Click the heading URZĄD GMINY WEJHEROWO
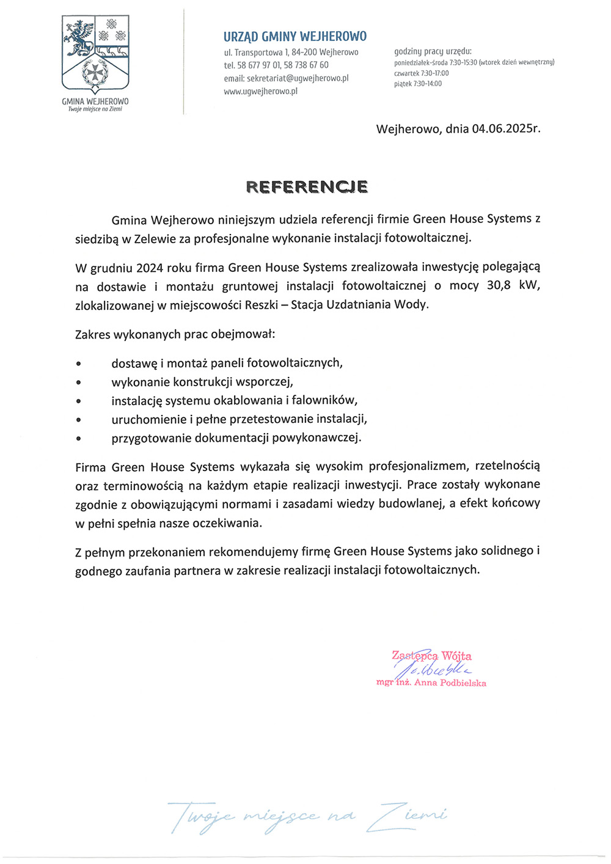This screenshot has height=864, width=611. (x=295, y=37)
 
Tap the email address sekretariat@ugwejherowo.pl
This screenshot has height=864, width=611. (x=298, y=78)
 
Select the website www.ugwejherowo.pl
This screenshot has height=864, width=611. (x=260, y=92)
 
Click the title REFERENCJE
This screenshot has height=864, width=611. (x=307, y=187)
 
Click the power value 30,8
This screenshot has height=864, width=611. (x=499, y=285)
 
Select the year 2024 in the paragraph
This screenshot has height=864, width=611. (x=149, y=268)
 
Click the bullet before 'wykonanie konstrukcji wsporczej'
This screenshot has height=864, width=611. (x=78, y=383)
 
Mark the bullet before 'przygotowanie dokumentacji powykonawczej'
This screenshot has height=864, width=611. (x=78, y=438)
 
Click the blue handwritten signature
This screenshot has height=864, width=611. (x=433, y=668)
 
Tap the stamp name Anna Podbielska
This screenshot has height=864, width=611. (x=450, y=683)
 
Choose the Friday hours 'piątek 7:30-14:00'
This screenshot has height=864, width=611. (x=418, y=84)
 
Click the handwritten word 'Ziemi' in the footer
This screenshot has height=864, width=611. (x=411, y=816)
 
